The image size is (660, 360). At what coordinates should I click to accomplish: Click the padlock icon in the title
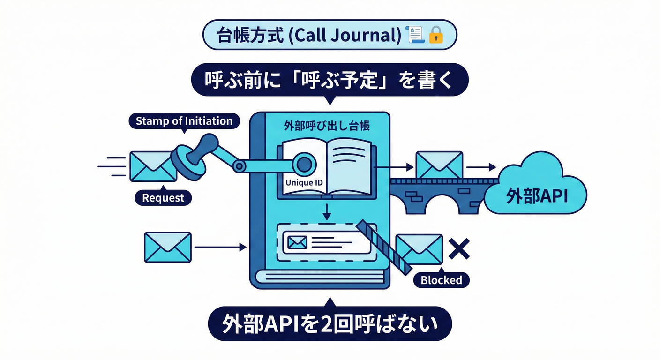coord(436,35)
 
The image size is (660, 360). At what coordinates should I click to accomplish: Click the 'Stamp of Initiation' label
coord(184,121)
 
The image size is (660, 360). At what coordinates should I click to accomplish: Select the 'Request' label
coord(163,197)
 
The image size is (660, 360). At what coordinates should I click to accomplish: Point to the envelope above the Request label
coord(153,166)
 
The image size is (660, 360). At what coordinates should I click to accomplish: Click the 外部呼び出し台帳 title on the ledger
coord(327,127)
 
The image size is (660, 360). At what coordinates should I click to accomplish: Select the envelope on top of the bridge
coord(439,165)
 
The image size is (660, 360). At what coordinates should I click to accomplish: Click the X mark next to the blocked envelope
coord(459,248)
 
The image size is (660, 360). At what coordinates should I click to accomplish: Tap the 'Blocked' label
coord(441,280)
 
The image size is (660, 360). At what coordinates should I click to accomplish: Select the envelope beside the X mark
coord(419,248)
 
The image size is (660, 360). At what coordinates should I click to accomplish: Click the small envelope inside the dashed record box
coord(297,242)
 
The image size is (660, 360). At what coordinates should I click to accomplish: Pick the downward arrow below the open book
coord(327,212)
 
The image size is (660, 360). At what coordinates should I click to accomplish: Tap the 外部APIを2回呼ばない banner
coord(329,323)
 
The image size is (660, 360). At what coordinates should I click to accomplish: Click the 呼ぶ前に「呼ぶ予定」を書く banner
coord(330,80)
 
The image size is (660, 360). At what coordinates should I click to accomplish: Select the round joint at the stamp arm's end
coord(304,164)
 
